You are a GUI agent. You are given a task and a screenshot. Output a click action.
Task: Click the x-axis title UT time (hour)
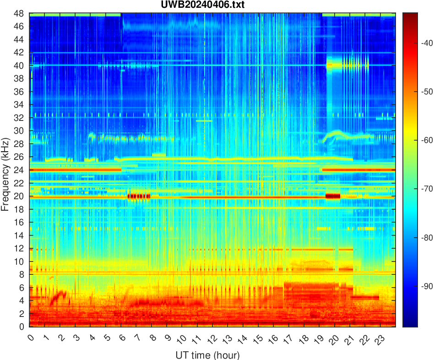click(x=207, y=355)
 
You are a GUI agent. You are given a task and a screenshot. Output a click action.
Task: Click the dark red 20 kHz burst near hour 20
click(x=333, y=196)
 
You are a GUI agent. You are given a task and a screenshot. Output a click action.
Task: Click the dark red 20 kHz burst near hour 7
click(x=139, y=196)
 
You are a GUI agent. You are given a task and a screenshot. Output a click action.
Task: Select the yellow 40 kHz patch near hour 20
click(x=341, y=65)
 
